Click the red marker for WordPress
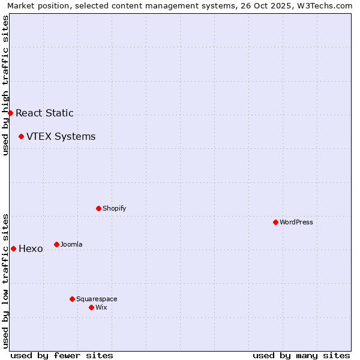click(x=275, y=222)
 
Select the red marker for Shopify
click(x=98, y=208)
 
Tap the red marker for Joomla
click(x=56, y=244)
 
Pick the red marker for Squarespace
click(x=72, y=299)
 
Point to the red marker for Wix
click(x=91, y=307)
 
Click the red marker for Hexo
click(x=13, y=248)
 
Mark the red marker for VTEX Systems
click(x=21, y=136)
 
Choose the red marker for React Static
click(x=10, y=113)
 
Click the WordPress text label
click(x=296, y=222)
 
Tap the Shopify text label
click(x=114, y=208)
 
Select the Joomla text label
click(x=71, y=244)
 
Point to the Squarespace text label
click(x=97, y=299)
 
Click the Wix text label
click(x=101, y=307)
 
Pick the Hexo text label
click(x=31, y=248)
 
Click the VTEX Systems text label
click(x=61, y=136)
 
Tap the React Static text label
click(x=44, y=113)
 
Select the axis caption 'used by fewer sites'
click(x=62, y=355)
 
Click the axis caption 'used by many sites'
click(x=301, y=355)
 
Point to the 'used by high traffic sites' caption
click(x=5, y=85)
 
